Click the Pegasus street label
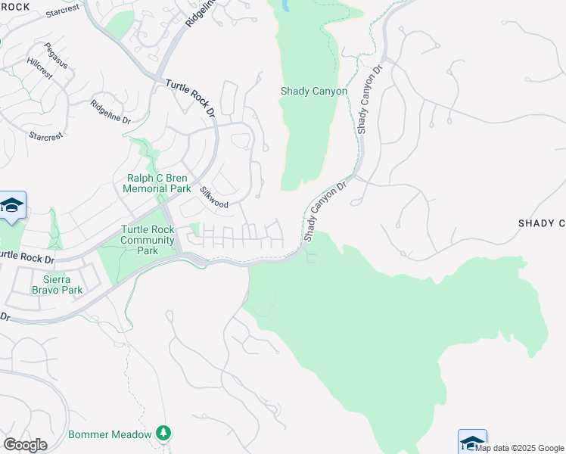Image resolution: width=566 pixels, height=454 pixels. point(56,55)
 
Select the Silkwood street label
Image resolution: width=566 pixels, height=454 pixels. point(214,196)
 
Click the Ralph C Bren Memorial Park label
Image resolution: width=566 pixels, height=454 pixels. point(157,183)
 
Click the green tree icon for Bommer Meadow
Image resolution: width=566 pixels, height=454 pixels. point(163,433)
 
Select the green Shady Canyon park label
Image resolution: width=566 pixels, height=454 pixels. point(314,91)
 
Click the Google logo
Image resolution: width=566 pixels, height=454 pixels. point(25,445)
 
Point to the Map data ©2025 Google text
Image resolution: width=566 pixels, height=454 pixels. point(520,448)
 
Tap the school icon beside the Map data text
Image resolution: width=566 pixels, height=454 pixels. point(472,441)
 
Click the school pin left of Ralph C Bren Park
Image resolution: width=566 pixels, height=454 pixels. point(12,206)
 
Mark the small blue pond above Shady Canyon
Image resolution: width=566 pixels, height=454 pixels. point(285,5)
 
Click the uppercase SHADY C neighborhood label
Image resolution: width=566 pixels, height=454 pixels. point(542,223)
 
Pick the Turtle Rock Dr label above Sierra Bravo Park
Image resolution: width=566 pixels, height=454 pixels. point(27,257)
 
